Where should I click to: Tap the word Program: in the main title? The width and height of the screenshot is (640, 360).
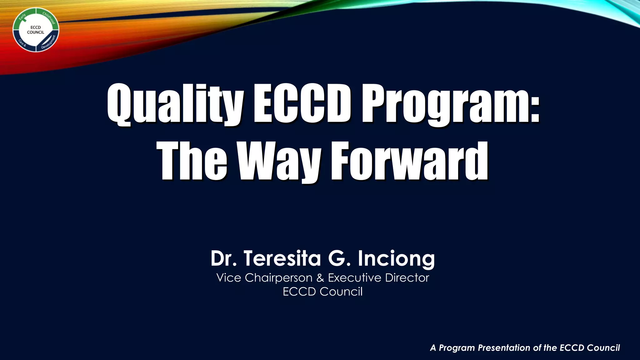[x=450, y=104]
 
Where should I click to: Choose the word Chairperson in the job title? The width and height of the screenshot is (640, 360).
[x=278, y=278]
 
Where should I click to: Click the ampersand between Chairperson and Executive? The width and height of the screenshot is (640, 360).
[x=320, y=278]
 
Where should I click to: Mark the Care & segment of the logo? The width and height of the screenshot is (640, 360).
[x=22, y=43]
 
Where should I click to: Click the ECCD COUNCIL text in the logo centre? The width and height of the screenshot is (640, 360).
[x=35, y=30]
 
